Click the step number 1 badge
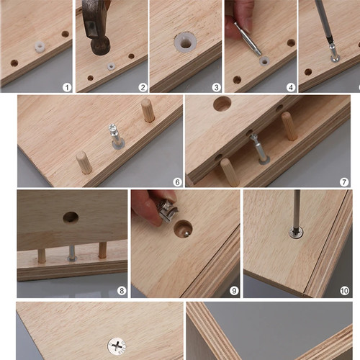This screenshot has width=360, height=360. [67, 87]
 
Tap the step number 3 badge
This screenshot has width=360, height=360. [216, 87]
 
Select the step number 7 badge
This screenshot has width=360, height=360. [344, 182]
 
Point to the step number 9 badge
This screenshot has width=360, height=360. [234, 291]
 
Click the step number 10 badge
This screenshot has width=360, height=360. [344, 291]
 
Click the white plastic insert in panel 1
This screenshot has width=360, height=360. [40, 47]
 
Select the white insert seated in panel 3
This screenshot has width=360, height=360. [185, 43]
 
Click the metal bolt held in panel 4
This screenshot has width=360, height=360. [248, 39]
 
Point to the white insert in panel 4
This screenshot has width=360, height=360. [264, 61]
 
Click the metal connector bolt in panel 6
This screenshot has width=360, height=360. [117, 136]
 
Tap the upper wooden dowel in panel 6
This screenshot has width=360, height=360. [148, 110]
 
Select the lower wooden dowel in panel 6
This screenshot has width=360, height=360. [84, 162]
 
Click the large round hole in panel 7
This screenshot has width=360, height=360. [222, 104]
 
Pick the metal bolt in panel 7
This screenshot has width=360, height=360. [259, 149]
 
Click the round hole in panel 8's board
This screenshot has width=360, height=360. [71, 217]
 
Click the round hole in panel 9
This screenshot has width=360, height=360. [183, 229]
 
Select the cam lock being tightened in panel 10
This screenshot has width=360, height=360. [296, 233]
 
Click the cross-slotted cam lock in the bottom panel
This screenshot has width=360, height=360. [117, 346]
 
